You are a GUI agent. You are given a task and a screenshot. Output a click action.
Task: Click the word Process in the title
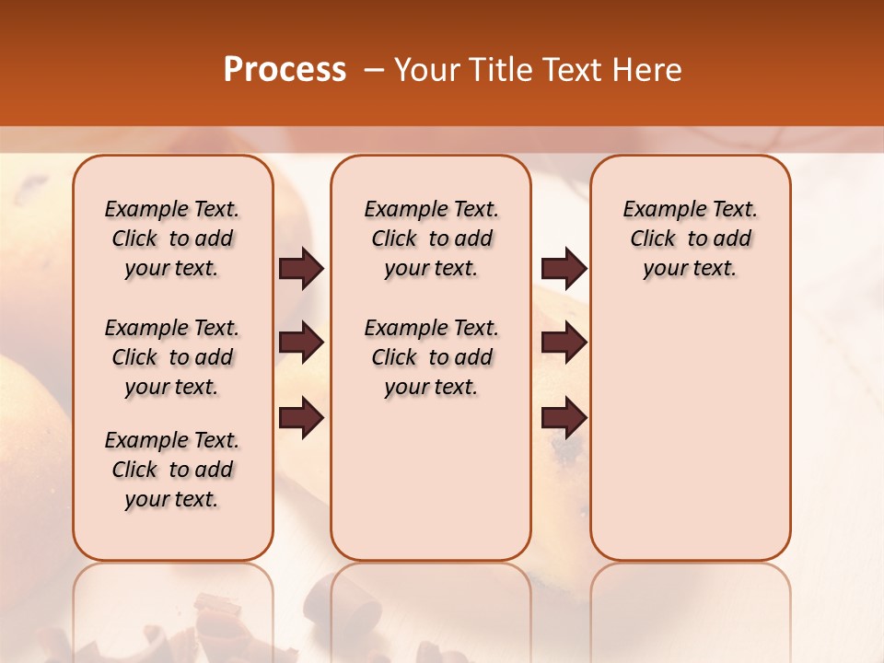[285, 70]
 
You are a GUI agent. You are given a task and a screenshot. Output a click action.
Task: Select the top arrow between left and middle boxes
[301, 269]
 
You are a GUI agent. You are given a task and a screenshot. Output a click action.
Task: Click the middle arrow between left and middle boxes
[301, 343]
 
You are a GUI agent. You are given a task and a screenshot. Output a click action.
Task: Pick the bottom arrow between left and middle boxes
[301, 418]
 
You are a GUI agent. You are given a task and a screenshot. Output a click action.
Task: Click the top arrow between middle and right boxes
[564, 269]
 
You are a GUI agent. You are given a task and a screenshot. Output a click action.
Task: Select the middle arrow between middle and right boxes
[564, 343]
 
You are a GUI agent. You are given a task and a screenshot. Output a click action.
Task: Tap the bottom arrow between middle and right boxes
[564, 418]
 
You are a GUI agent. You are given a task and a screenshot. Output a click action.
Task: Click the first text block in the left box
[172, 238]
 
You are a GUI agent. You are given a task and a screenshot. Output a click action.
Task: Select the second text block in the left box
[172, 357]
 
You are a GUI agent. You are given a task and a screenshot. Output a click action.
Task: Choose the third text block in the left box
[172, 470]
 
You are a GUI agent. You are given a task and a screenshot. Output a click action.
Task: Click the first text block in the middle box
[431, 238]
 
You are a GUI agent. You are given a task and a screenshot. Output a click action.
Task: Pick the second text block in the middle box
[431, 357]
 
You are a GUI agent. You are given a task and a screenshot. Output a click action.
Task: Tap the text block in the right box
[690, 238]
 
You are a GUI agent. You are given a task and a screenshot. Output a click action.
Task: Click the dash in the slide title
[374, 70]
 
